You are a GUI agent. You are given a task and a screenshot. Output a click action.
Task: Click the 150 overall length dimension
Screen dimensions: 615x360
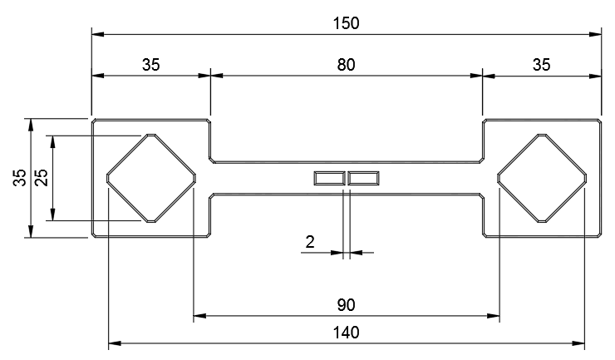click(346, 23)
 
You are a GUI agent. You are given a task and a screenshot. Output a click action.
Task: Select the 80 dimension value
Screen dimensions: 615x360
click(346, 65)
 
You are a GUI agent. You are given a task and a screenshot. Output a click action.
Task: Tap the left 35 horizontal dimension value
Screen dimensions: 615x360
click(151, 65)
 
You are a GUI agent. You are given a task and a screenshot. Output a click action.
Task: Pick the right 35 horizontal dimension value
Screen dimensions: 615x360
click(541, 65)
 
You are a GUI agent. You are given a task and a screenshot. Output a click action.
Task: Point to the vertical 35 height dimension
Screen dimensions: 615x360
click(20, 177)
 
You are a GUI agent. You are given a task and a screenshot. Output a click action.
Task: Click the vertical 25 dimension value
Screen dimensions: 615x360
click(41, 177)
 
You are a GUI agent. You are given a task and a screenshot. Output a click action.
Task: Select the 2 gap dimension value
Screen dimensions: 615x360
click(310, 242)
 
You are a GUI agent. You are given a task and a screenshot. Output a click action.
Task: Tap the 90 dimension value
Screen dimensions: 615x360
click(346, 305)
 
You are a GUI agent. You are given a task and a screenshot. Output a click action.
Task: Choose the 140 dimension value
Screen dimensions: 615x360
click(346, 333)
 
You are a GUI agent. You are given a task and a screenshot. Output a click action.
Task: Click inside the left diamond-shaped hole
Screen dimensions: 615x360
click(151, 178)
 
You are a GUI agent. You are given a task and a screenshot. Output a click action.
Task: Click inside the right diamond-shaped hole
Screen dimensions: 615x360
click(542, 178)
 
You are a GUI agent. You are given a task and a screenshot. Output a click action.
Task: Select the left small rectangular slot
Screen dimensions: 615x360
click(329, 178)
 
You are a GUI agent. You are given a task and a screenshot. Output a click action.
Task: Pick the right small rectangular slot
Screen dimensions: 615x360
click(363, 178)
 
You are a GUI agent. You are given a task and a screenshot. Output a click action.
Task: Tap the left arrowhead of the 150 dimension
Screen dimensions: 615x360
click(98, 34)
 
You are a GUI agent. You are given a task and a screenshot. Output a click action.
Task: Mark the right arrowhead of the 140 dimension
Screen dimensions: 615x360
click(578, 343)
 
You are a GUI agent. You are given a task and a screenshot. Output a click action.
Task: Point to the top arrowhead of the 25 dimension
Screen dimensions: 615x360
click(52, 142)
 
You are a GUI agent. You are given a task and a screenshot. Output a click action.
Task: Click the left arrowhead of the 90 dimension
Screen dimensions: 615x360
click(199, 316)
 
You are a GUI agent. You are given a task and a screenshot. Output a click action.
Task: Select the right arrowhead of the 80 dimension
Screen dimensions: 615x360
click(476, 76)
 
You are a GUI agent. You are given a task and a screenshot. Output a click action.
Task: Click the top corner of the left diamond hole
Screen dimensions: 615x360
click(151, 134)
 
